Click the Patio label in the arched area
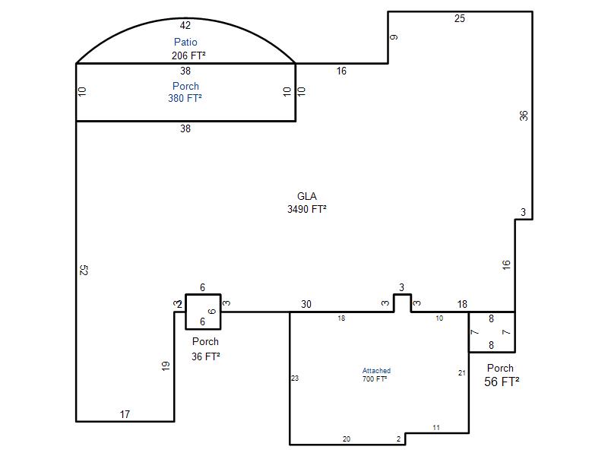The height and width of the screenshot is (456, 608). point(185,42)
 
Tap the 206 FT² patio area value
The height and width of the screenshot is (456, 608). point(188,55)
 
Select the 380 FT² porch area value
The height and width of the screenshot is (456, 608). point(185,98)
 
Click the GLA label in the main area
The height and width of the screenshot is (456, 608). point(307,196)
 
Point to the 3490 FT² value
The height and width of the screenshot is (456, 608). point(307,209)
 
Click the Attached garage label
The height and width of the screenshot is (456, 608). point(376,371)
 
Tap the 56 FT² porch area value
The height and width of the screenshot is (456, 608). point(502,382)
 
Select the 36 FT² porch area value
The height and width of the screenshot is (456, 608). point(206,356)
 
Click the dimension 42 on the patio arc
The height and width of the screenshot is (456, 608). point(185,26)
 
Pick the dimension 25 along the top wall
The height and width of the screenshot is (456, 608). point(460,18)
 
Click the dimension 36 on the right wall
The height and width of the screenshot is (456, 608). point(524,116)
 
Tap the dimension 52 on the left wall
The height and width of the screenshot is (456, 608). point(84,270)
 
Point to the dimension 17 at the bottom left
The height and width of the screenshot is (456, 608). point(125,414)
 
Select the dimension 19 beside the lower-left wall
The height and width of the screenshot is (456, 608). point(166,366)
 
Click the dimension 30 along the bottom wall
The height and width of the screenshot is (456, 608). point(306,305)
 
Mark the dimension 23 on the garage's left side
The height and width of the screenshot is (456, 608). point(295,378)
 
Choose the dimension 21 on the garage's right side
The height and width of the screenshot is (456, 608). point(461,373)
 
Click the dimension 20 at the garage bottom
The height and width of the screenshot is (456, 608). point(347,439)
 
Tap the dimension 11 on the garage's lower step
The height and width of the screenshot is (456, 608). point(436,428)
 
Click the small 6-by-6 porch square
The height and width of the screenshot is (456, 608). point(203,295)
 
